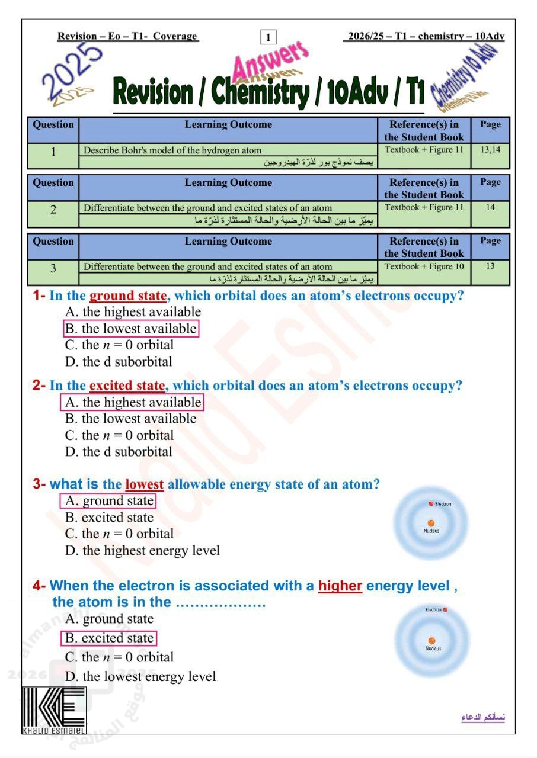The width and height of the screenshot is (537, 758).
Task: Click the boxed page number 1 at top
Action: [x=268, y=37]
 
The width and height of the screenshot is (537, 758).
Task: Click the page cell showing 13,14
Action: [x=490, y=150]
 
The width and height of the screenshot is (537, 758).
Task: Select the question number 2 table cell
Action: [x=53, y=210]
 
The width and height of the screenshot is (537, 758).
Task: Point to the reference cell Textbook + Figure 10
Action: [x=424, y=266]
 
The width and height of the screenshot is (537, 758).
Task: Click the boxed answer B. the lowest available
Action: [x=130, y=329]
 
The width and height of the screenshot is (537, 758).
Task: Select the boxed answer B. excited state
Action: [x=110, y=638]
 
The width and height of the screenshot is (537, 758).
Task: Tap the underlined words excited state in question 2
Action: [x=127, y=386]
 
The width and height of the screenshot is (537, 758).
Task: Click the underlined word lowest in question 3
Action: [x=144, y=484]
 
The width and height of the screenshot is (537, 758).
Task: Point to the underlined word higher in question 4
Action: [x=340, y=586]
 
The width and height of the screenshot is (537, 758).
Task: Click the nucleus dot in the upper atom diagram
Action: [x=431, y=523]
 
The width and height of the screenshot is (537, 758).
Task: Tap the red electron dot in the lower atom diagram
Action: [x=445, y=609]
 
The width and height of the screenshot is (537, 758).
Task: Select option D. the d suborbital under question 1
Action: [x=119, y=362]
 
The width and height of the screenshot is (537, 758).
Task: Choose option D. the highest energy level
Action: [x=142, y=551]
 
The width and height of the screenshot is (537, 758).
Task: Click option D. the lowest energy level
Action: [x=140, y=676]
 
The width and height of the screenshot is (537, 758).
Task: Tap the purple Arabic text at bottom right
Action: [x=483, y=718]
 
